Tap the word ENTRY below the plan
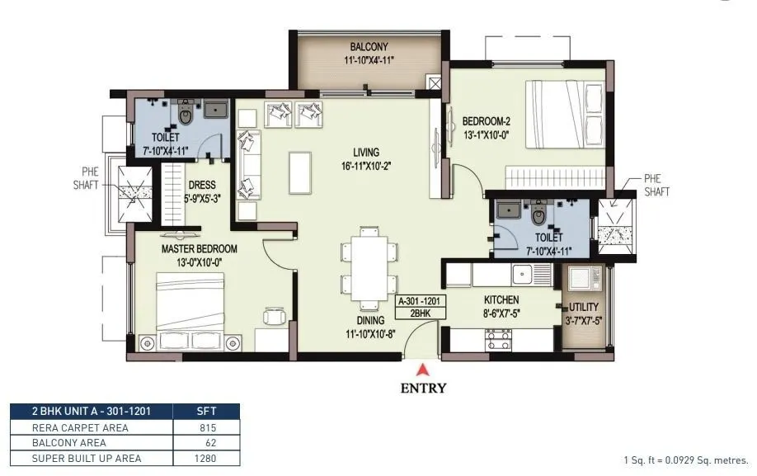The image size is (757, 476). [425, 388]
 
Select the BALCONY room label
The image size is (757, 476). [368, 47]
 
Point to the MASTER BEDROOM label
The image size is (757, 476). [199, 248]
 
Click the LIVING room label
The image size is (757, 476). [365, 153]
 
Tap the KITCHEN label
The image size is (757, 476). [501, 300]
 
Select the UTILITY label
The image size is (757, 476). [584, 306]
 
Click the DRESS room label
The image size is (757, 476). [202, 186]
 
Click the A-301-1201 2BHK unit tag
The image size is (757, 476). [421, 308]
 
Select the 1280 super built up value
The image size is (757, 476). [206, 458]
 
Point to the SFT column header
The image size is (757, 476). [206, 411]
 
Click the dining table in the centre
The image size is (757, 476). [364, 265]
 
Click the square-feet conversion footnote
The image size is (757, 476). [685, 460]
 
